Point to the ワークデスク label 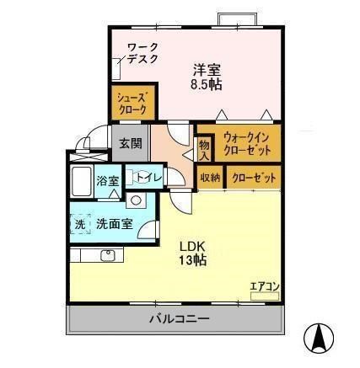(x=143, y=53)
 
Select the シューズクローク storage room (x=132, y=104)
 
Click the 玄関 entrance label (x=130, y=142)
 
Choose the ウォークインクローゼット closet (x=239, y=143)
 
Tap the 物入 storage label (x=203, y=150)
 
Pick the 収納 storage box (x=210, y=178)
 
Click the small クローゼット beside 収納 (x=251, y=178)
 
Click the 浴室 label (x=108, y=181)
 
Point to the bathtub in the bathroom (x=82, y=181)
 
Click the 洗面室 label (x=114, y=224)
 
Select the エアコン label (x=264, y=287)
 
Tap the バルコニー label (x=180, y=319)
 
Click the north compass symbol (x=320, y=339)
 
